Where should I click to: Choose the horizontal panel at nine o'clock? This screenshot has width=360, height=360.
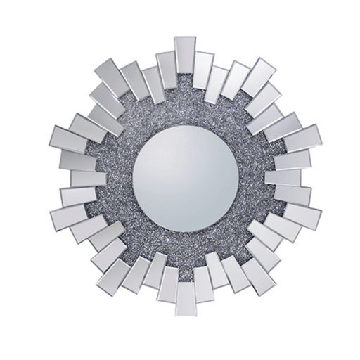[65, 176]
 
